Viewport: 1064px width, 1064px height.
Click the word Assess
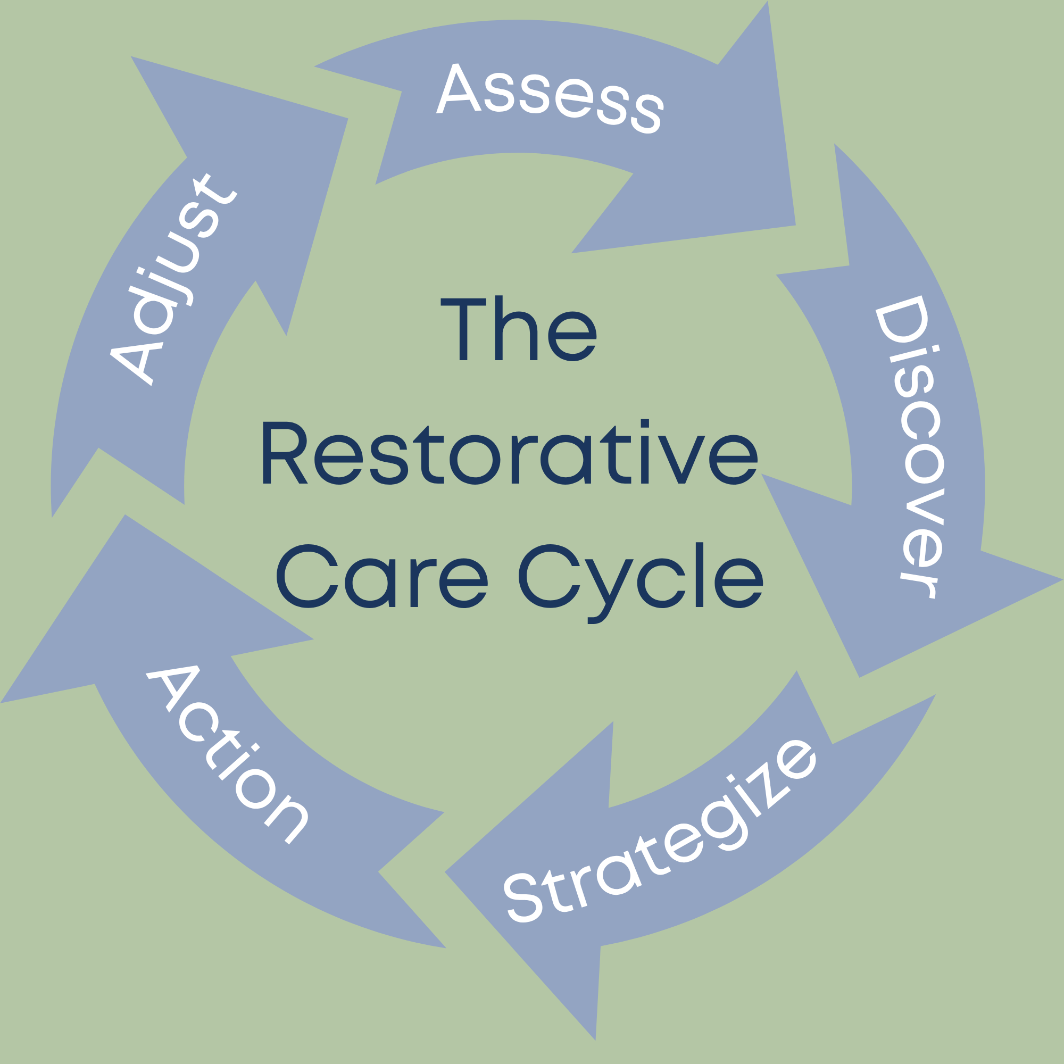[550, 98]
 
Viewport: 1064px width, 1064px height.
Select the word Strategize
[661, 832]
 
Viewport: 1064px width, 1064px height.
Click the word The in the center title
[518, 329]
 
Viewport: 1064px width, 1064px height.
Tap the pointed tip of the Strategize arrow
[595, 1040]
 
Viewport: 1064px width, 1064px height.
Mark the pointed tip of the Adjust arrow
[131, 57]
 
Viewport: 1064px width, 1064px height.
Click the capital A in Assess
[458, 89]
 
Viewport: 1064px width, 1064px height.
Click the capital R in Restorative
[284, 453]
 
